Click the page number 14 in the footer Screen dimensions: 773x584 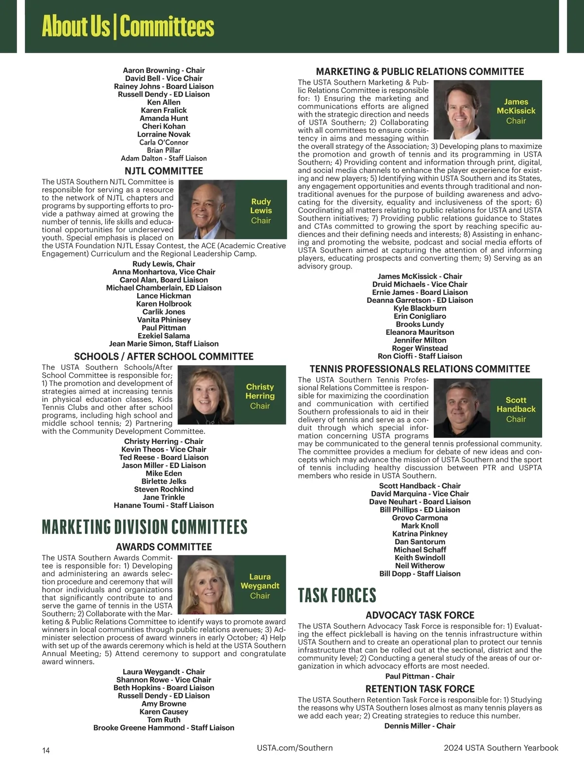tap(46, 750)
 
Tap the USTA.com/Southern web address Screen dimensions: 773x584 tap(295, 748)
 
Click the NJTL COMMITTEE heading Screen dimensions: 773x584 tap(164, 171)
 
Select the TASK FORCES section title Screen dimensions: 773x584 tap(337, 595)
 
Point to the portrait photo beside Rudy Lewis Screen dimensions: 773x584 tap(208, 209)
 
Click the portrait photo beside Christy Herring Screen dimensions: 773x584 tap(206, 395)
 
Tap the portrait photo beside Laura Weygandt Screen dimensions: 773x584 tap(206, 585)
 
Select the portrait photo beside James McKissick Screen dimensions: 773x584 tap(461, 110)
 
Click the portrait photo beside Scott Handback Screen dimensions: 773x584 tap(461, 408)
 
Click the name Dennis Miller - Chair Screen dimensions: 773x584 tap(420, 726)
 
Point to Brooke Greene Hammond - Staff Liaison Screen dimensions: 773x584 tap(164, 728)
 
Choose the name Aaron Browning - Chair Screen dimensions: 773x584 tap(164, 70)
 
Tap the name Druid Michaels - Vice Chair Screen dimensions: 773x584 tap(420, 284)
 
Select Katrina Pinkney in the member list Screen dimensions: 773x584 tap(420, 534)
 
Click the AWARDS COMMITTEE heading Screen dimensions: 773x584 tap(164, 547)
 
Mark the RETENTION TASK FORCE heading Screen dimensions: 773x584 tap(420, 689)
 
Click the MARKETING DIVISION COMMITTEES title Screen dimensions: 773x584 tap(145, 527)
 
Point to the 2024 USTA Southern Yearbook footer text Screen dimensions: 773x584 tap(501, 748)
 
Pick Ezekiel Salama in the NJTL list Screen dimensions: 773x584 tap(164, 335)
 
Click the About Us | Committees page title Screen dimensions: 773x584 tap(128, 26)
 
